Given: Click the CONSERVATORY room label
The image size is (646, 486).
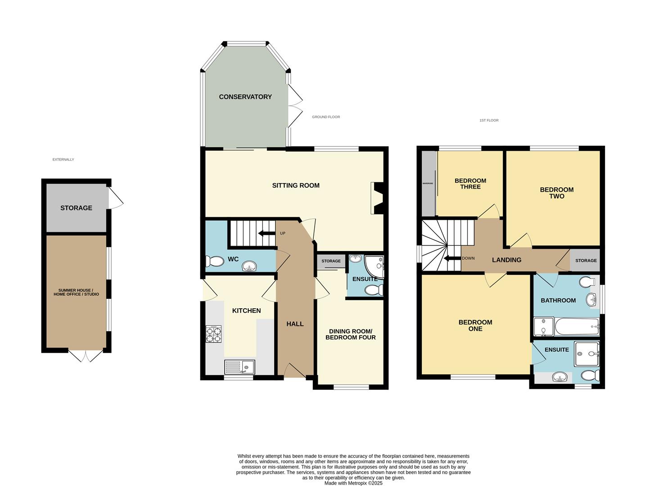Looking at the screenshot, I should (245, 97).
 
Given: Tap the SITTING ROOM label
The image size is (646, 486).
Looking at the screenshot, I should (296, 185).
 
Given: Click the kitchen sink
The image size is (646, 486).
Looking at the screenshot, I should (239, 367).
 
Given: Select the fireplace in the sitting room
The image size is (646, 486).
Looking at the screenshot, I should (376, 198).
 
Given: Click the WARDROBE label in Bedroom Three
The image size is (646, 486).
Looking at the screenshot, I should (427, 184).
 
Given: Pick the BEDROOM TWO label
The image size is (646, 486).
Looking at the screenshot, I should (557, 193).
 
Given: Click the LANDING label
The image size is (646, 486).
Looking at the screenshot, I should (506, 260).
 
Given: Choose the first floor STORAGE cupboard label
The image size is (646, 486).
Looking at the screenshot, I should (586, 261).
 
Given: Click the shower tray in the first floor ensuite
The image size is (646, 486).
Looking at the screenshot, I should (587, 354).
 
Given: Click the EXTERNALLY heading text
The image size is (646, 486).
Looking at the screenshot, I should (63, 159).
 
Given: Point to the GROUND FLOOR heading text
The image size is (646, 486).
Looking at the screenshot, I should (326, 117).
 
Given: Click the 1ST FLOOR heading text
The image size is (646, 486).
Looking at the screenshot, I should (489, 120).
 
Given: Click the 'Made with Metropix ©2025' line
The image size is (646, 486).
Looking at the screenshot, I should (353, 483).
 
